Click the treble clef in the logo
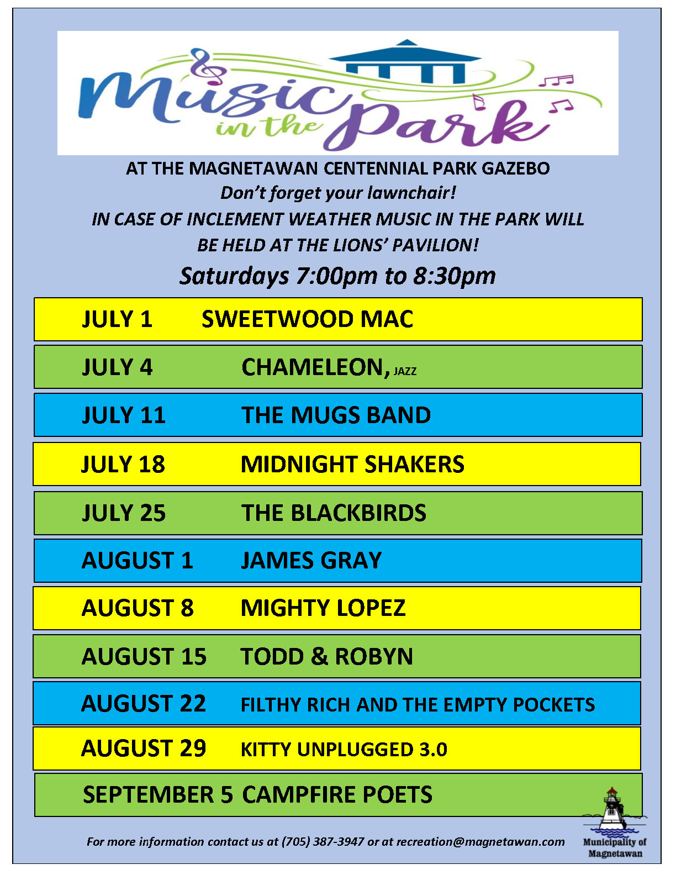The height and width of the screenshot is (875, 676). [x=206, y=66]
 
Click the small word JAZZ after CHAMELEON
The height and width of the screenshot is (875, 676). [x=405, y=371]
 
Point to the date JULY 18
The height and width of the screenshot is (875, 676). [x=123, y=464]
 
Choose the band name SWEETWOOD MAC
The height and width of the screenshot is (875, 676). [x=307, y=319]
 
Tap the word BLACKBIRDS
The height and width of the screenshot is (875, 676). [x=358, y=513]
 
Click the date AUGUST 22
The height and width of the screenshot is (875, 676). [x=144, y=703]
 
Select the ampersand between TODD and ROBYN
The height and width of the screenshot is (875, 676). [x=319, y=656]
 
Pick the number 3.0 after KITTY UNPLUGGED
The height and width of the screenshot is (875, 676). [x=433, y=750]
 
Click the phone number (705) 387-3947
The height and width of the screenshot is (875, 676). [x=323, y=841]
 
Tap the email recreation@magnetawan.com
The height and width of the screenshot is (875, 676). [x=480, y=841]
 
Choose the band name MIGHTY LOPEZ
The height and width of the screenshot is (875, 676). [x=323, y=608]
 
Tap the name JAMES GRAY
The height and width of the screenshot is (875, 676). [x=311, y=561]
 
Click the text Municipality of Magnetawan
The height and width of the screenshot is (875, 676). [x=615, y=847]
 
